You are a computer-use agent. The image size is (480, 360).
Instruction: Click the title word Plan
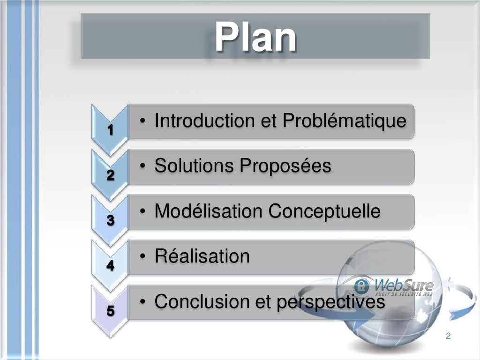tap(255, 37)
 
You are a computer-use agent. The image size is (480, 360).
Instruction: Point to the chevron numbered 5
tap(110, 310)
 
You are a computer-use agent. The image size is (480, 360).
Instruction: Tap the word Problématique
tap(344, 121)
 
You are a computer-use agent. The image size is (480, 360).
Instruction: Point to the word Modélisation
tap(209, 211)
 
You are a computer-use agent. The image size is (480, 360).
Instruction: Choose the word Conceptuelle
tap(324, 211)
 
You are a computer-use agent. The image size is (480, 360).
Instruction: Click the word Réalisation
tap(202, 256)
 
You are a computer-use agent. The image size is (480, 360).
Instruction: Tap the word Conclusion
tap(202, 301)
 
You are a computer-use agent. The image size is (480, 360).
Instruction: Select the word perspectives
tap(330, 301)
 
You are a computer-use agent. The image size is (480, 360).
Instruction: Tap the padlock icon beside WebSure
tap(361, 286)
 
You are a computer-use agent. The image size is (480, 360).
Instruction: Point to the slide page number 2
tap(448, 336)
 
